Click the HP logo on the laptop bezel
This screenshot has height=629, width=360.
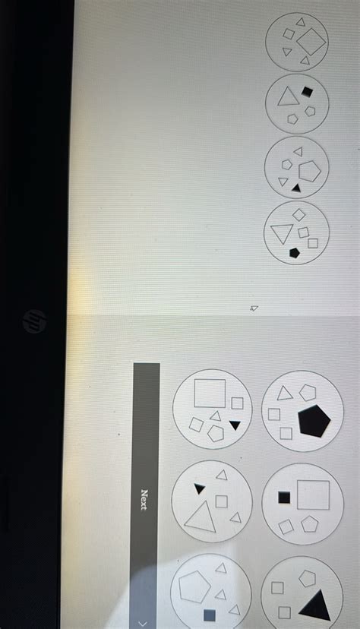pyautogui.click(x=34, y=321)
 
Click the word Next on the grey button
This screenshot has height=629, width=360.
pyautogui.click(x=145, y=500)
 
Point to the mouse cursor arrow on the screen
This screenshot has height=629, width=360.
pyautogui.click(x=254, y=308)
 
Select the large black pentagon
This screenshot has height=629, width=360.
pyautogui.click(x=314, y=421)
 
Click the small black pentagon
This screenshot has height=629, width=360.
pyautogui.click(x=294, y=253)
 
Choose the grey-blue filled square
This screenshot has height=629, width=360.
pyautogui.click(x=210, y=615)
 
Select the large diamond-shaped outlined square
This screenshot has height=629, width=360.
pyautogui.click(x=311, y=42)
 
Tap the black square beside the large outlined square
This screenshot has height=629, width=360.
pyautogui.click(x=284, y=498)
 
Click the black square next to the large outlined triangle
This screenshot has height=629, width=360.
pyautogui.click(x=307, y=92)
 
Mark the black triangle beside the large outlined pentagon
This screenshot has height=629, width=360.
pyautogui.click(x=296, y=188)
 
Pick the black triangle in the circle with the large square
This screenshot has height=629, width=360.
pyautogui.click(x=235, y=425)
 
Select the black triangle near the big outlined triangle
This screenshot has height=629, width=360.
pyautogui.click(x=199, y=488)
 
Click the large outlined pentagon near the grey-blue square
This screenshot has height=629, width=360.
pyautogui.click(x=194, y=587)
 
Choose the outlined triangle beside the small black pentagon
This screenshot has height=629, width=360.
pyautogui.click(x=282, y=232)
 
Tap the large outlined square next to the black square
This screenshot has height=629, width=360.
pyautogui.click(x=313, y=495)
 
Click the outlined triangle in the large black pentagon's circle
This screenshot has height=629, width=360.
pyautogui.click(x=284, y=394)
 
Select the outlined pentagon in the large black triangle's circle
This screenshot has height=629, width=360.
pyautogui.click(x=307, y=578)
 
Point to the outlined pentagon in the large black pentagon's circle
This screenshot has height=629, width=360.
pyautogui.click(x=308, y=393)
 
